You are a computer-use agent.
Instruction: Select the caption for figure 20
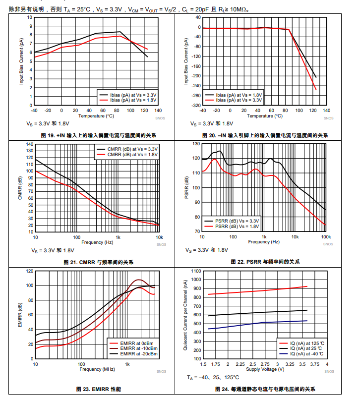coord(265,135)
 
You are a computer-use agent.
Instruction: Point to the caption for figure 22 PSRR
coord(265,262)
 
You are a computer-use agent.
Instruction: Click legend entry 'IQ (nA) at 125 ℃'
coord(307,342)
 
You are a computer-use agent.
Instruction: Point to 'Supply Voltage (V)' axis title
coord(265,369)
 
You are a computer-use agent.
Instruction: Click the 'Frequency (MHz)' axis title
coord(97,369)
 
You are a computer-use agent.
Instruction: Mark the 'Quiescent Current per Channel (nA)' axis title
coord(185,318)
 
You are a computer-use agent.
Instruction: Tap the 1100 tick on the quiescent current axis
coord(195,272)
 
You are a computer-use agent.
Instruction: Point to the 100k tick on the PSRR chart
coord(326,237)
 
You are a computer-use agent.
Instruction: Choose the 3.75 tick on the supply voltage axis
coord(315,364)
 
